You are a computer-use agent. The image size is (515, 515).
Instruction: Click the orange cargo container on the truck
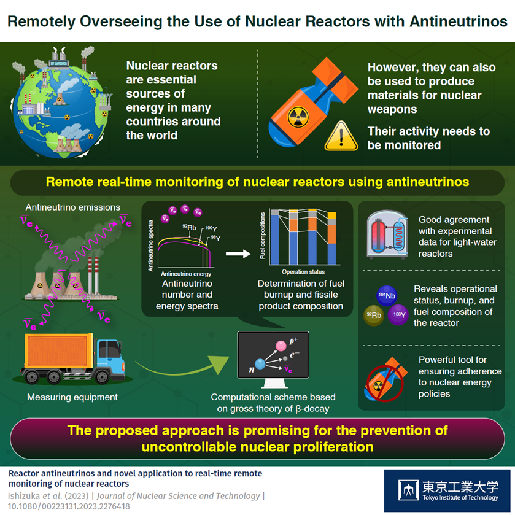pos(59,357)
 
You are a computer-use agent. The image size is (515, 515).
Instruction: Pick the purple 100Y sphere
pos(398,314)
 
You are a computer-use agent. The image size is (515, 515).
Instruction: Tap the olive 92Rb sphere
pos(374,314)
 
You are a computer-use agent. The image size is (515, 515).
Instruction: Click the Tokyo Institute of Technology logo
pos(447,490)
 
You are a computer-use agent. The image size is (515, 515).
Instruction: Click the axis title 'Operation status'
pos(303,271)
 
